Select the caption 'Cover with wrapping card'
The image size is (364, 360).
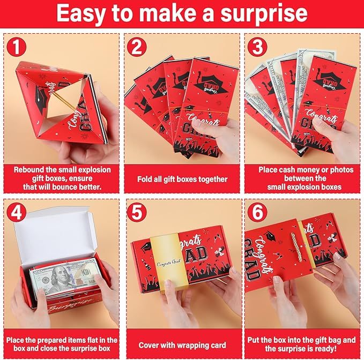click(x=182, y=345)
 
